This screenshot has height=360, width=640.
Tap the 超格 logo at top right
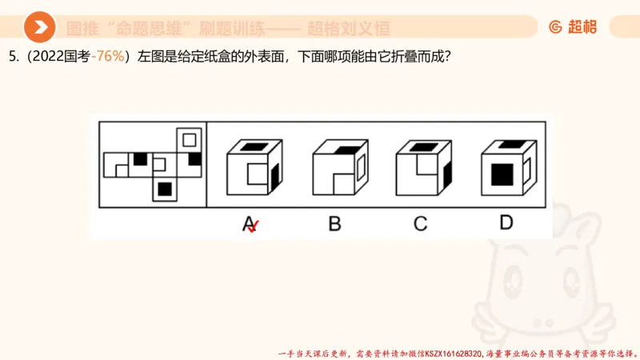pos(573,27)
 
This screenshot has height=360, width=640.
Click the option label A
pos(248,223)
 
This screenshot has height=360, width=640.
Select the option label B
pos(334,223)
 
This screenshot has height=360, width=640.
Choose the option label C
pos(420,223)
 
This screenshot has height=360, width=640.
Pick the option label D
pos(506,222)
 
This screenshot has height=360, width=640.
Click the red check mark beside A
pos(254,228)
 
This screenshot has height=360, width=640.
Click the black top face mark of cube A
pos(254,146)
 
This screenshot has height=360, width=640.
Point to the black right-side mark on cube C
pos(446,172)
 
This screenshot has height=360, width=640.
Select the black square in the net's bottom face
pos(164,189)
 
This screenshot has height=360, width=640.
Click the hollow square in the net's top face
pos(189,140)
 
